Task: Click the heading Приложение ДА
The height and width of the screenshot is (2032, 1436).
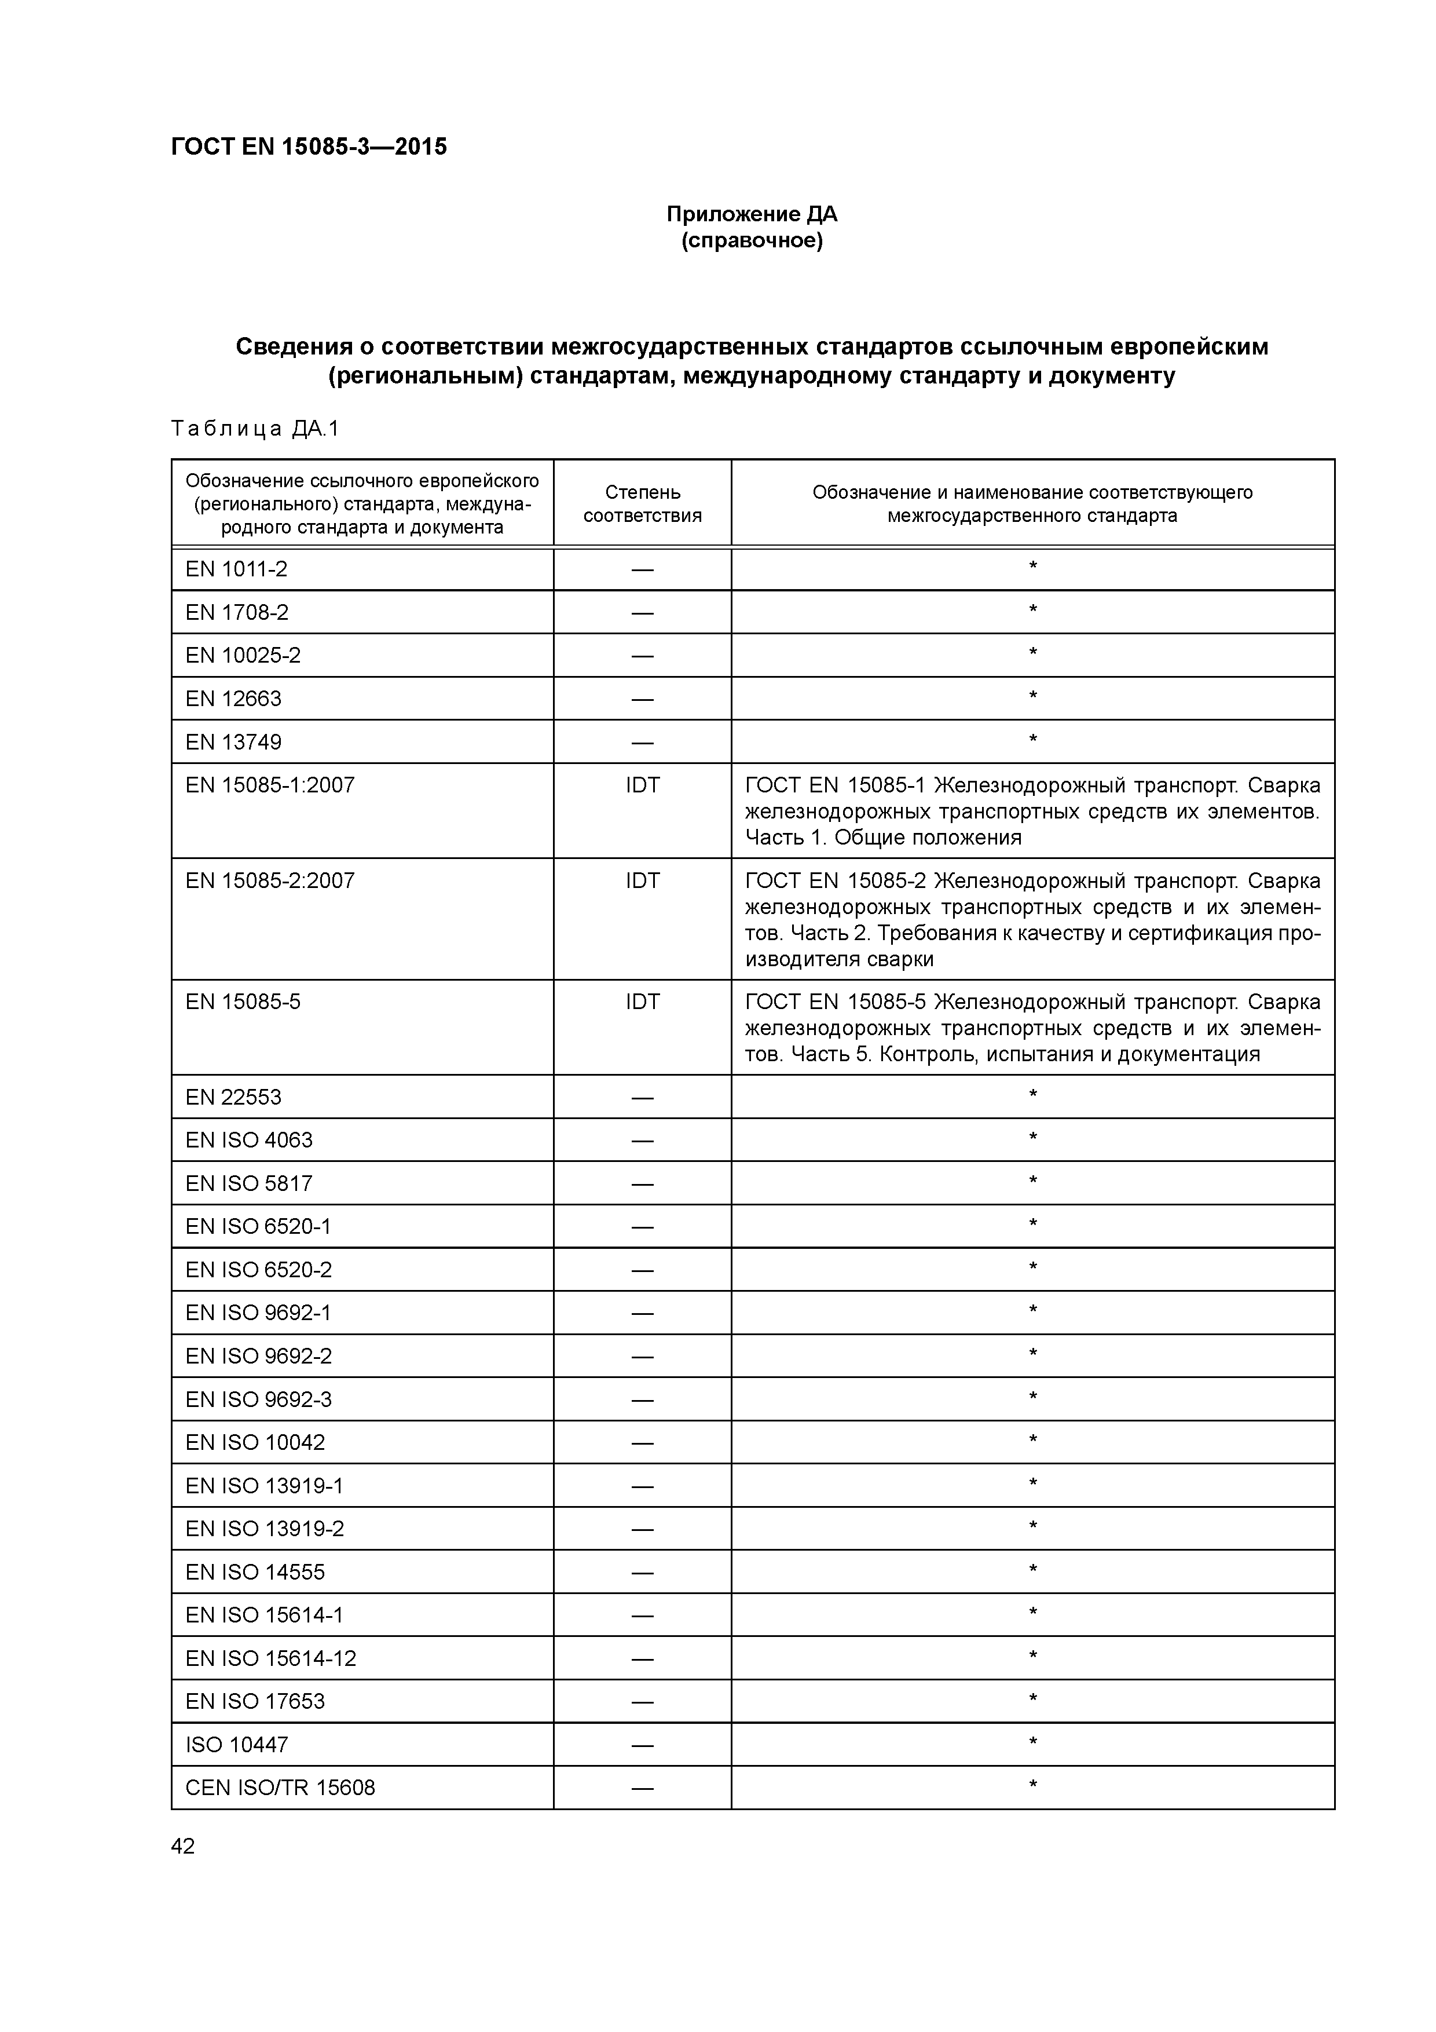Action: pos(751,214)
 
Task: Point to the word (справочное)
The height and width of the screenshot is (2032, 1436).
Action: pos(751,241)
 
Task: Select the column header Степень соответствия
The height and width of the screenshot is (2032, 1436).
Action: pos(642,503)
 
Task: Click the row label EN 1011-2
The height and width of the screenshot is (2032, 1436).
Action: pos(236,569)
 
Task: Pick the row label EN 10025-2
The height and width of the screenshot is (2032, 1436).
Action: pos(243,656)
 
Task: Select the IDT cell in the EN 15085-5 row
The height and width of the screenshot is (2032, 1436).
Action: pos(642,1002)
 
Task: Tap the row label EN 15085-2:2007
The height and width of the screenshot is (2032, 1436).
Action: pos(270,880)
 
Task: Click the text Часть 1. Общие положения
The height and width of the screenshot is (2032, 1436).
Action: pos(883,837)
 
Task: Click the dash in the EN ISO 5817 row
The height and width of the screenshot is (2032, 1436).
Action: pos(642,1184)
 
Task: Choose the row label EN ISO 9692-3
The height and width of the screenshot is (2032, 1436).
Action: pos(258,1399)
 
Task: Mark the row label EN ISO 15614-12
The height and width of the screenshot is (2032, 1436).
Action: pos(271,1658)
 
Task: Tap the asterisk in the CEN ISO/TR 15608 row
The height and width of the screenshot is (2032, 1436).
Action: pos(1032,1786)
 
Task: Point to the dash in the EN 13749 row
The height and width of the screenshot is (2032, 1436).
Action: pos(642,743)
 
